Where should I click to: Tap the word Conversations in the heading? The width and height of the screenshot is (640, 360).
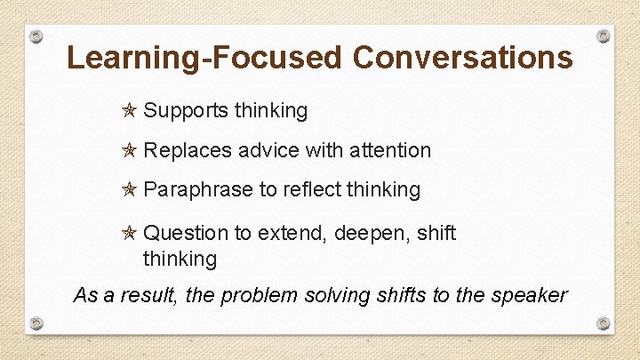click(x=462, y=58)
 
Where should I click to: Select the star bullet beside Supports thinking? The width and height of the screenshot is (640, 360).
click(x=129, y=110)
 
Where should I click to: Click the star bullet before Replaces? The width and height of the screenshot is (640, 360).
click(x=129, y=150)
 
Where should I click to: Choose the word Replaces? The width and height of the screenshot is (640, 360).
click(x=187, y=150)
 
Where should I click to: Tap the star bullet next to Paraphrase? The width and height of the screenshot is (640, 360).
click(x=129, y=189)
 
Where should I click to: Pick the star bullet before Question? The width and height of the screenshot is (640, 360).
click(x=129, y=233)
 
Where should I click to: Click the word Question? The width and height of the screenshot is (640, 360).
click(x=186, y=233)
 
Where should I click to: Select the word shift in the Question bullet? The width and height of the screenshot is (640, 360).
click(x=435, y=233)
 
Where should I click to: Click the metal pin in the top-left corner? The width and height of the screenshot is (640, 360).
click(x=36, y=36)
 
